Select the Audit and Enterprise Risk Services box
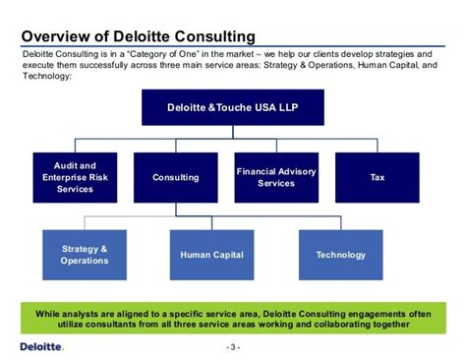(76, 177)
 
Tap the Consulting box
(176, 177)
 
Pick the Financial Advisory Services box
(276, 177)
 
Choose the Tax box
(377, 177)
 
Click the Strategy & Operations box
(85, 255)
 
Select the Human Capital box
(211, 255)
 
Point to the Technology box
(341, 255)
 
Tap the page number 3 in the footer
(233, 347)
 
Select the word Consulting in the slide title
(213, 36)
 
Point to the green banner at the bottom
(232, 318)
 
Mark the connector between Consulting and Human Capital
(177, 210)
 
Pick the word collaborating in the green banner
(339, 324)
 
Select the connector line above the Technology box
(341, 222)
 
